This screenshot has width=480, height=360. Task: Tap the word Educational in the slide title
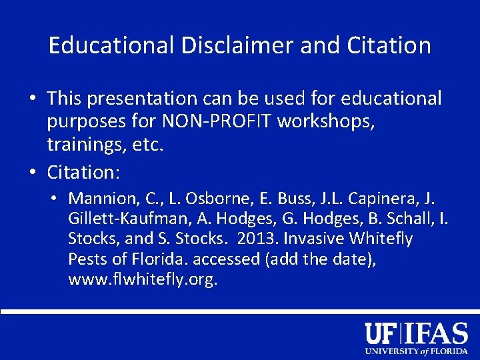point(110,45)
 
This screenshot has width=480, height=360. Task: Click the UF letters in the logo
point(383,332)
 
